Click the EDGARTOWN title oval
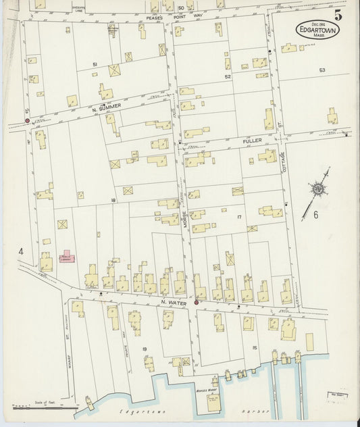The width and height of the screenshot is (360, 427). coord(317,30)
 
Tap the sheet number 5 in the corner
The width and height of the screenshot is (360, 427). coord(337,14)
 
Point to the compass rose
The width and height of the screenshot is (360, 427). coord(317,188)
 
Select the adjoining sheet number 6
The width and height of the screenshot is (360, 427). coord(315,215)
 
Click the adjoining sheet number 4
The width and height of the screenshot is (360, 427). coord(21,252)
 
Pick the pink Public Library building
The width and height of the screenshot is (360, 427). coord(67,259)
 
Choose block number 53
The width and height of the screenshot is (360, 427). coord(322,70)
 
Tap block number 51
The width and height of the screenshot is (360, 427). coord(95,64)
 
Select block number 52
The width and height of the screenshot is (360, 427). coord(228,77)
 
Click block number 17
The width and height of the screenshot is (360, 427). coord(238,217)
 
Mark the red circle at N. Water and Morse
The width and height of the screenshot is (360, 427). coord(197,302)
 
